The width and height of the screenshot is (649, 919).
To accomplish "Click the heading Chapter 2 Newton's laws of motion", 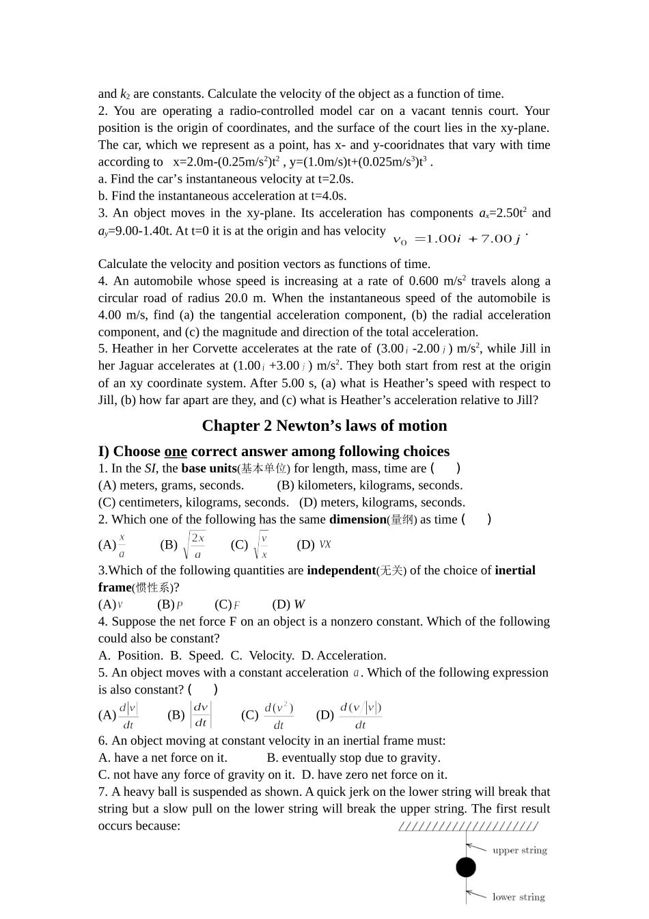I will (x=324, y=426).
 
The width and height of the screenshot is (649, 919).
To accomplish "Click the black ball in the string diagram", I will (x=466, y=867).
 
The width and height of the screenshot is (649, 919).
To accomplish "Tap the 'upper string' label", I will (x=520, y=851).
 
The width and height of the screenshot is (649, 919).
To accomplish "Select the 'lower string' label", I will (x=519, y=897).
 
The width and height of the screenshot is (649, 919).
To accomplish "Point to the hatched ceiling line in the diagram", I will (x=468, y=827).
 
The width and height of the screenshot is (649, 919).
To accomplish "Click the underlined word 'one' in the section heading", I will (x=176, y=451).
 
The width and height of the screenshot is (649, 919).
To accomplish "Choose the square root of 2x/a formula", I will (x=194, y=545).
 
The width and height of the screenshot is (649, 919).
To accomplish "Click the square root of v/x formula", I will (x=261, y=545).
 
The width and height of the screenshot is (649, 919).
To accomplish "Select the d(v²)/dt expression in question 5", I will (x=278, y=715).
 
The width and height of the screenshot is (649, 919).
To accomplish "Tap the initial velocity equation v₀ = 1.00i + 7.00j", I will (x=457, y=239).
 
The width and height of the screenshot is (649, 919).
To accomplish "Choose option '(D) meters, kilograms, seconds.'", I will (x=382, y=503).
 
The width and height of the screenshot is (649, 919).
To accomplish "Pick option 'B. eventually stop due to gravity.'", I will (x=353, y=758).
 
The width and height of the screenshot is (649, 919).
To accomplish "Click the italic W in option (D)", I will (x=299, y=604).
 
